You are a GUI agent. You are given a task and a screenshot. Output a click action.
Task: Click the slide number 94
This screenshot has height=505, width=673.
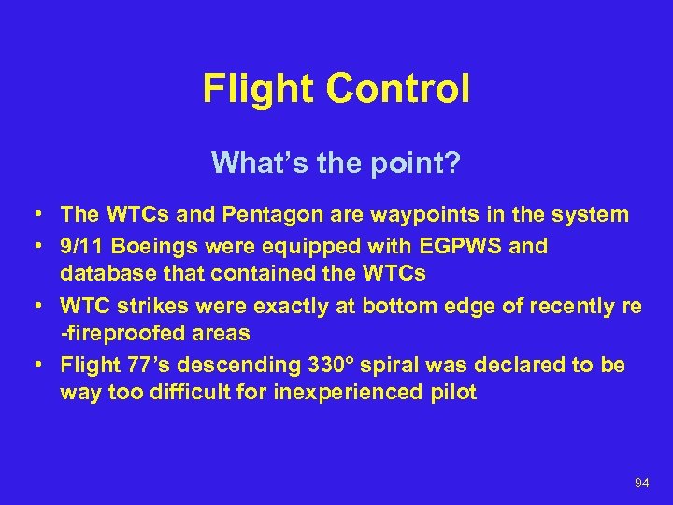pos(641,483)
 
